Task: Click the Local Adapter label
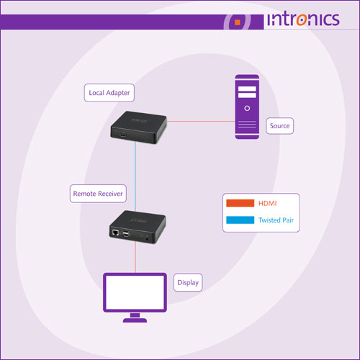click(x=109, y=93)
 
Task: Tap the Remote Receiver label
click(x=98, y=194)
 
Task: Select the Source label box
click(x=280, y=126)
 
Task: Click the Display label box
click(x=188, y=282)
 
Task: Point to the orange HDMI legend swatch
click(x=240, y=203)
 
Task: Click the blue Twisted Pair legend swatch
click(x=240, y=220)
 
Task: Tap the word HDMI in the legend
click(x=267, y=204)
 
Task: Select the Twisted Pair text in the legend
click(x=276, y=220)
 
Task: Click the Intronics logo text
click(x=303, y=19)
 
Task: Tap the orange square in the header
click(x=238, y=22)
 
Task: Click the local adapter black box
click(x=138, y=127)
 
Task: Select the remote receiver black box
click(x=138, y=227)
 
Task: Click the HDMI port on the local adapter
click(x=123, y=135)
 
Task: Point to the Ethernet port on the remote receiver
click(x=115, y=233)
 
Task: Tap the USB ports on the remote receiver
click(x=126, y=233)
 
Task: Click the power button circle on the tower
click(x=247, y=108)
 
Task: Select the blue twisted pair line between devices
click(x=135, y=176)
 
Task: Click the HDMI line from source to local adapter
click(x=201, y=121)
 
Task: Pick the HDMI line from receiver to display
click(x=135, y=257)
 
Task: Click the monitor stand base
click(x=135, y=320)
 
